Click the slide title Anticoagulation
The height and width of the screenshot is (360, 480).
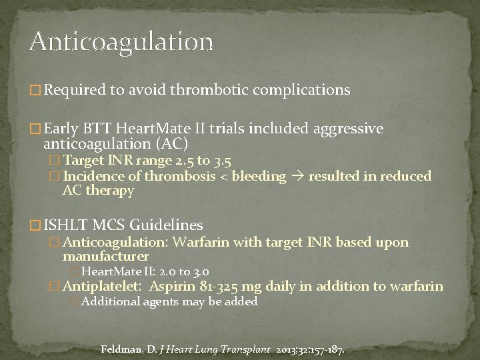(121, 41)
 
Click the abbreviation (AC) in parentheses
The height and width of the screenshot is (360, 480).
(171, 144)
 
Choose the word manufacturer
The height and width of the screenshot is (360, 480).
(105, 256)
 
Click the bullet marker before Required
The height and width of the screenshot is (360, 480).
(35, 90)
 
